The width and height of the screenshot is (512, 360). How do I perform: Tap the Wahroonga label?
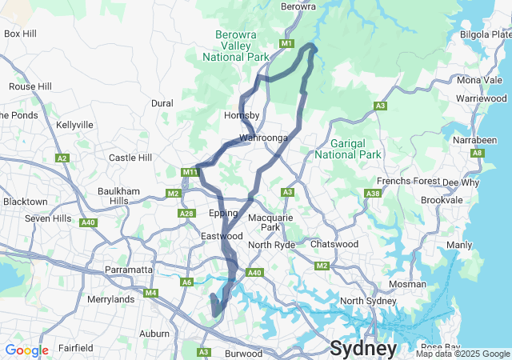pos(263,138)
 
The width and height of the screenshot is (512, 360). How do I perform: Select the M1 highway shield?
pos(287,42)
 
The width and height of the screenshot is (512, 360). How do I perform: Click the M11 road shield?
pos(189,171)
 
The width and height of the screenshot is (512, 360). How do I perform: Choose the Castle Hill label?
pos(130,158)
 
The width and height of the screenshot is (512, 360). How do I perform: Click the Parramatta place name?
pos(128,270)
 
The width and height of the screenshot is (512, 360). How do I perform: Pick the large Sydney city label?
pos(363,349)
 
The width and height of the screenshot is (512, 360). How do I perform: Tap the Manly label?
pos(458,245)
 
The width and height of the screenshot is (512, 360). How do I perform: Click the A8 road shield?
pos(477,152)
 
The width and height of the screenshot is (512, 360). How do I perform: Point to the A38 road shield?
pos(372,194)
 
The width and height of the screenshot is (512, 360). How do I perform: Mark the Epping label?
pos(223,214)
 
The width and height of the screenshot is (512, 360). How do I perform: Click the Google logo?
pos(26,350)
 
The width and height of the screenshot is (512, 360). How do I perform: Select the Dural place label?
pos(162,103)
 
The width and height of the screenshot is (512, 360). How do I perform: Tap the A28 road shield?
pos(187,213)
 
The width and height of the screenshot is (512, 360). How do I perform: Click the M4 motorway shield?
pos(150,293)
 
